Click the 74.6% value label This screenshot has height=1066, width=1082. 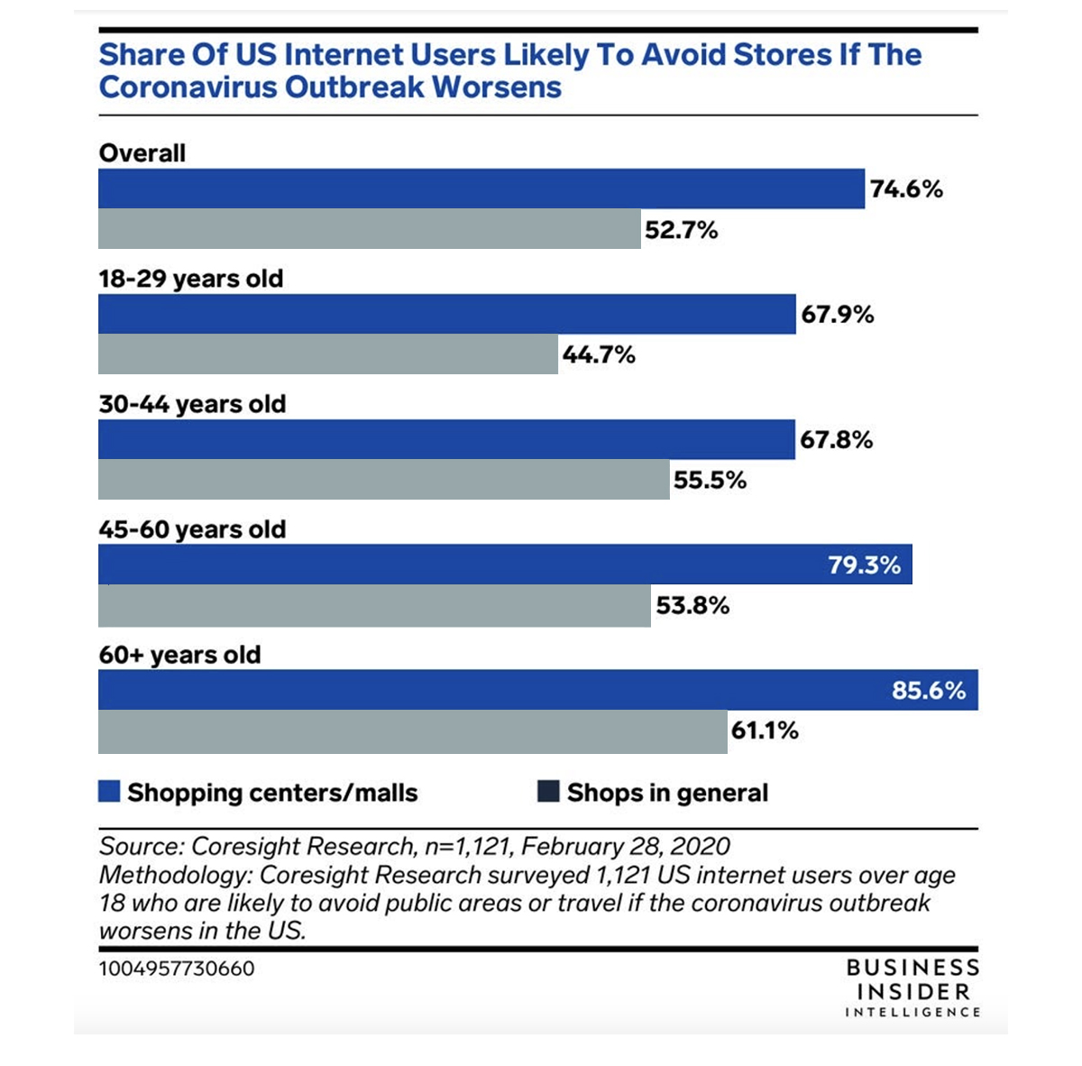[906, 189]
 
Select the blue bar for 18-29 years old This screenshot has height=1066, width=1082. [446, 314]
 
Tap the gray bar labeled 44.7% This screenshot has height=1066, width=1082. [327, 354]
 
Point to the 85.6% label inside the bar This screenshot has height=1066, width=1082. [929, 691]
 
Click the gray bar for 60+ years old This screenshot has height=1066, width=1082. [412, 731]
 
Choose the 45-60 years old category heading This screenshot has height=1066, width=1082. [192, 529]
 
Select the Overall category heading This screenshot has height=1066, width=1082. [142, 153]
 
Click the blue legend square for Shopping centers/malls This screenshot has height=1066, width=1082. [109, 792]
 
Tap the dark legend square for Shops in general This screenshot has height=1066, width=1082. [548, 792]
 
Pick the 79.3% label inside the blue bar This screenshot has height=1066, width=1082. [865, 565]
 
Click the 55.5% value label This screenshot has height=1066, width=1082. [711, 480]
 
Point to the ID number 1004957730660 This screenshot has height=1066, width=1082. [177, 969]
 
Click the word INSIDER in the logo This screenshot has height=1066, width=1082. [913, 992]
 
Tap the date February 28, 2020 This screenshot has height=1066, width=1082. [626, 847]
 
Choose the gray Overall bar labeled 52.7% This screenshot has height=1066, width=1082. [369, 229]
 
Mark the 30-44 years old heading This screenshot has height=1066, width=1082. [192, 404]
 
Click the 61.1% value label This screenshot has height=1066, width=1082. [765, 731]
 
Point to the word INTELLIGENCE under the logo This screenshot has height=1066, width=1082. [912, 1013]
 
